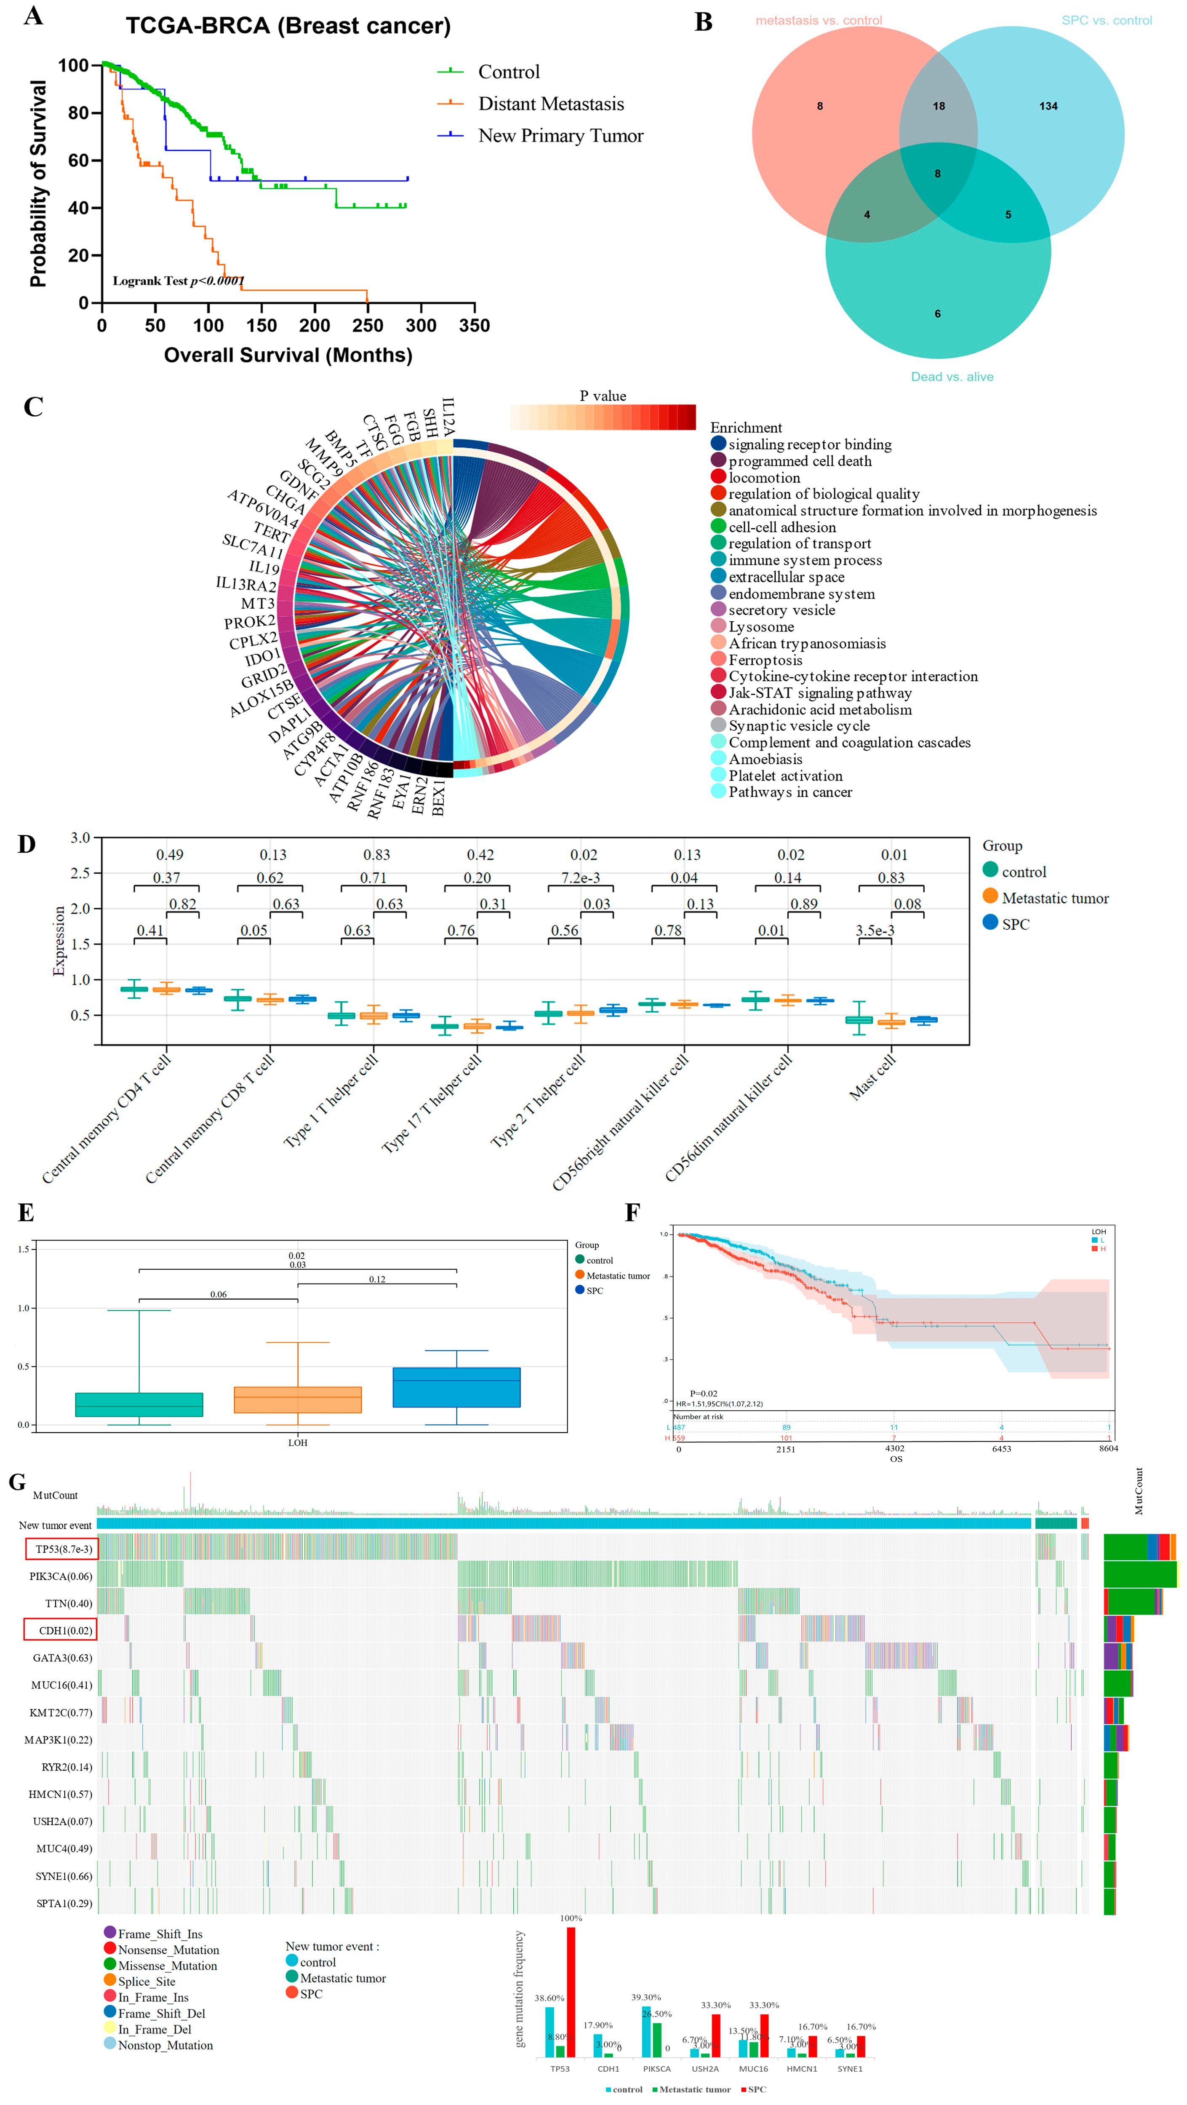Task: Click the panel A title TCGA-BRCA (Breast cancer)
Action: click(x=288, y=26)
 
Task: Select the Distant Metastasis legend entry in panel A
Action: click(x=551, y=104)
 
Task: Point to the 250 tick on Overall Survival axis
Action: click(x=368, y=325)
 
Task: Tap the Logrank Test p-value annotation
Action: click(x=178, y=281)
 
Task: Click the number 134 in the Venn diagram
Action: click(x=1048, y=106)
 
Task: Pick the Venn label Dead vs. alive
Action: click(x=952, y=377)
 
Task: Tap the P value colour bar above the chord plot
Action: click(x=603, y=417)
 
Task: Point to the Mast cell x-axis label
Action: click(x=872, y=1077)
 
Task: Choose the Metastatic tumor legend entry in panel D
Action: click(x=1055, y=898)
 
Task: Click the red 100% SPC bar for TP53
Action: click(x=571, y=1991)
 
